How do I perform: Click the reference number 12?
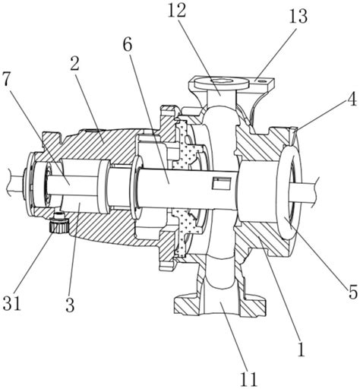[x=177, y=11]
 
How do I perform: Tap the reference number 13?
[x=298, y=16]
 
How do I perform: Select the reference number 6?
[x=128, y=46]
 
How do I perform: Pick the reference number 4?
[x=352, y=99]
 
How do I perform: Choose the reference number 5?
[x=352, y=292]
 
